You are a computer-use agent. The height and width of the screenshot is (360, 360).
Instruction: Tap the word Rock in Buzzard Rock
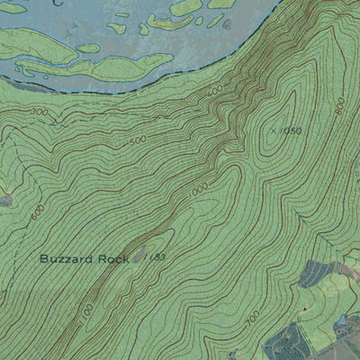114,258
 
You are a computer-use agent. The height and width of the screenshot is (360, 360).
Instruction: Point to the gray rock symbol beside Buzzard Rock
139,256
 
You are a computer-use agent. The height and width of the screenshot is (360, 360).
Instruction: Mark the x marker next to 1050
272,130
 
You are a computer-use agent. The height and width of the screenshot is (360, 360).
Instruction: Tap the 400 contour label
214,93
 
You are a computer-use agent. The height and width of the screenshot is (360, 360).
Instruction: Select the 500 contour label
137,141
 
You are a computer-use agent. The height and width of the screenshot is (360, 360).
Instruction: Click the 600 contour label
37,211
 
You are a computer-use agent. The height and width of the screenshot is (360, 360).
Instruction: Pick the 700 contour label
252,318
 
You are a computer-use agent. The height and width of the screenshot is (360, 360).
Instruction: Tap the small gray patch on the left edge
4,201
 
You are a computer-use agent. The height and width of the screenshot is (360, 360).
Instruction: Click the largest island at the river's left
40,45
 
